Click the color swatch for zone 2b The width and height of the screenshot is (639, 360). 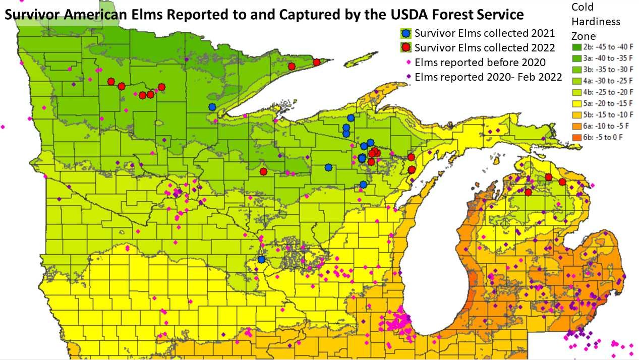576,47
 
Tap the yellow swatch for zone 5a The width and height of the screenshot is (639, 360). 576,104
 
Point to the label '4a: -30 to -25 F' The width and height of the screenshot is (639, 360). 609,81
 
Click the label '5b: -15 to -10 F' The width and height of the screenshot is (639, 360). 609,115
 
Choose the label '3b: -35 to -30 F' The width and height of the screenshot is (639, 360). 609,70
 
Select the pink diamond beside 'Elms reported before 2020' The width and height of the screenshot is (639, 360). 408,63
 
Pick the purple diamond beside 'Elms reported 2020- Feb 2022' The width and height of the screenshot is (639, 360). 408,77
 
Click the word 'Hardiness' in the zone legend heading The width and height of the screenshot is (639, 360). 596,22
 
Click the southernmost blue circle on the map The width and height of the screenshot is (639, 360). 261,259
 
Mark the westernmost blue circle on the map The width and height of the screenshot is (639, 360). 212,107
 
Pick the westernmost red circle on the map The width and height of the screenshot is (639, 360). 111,82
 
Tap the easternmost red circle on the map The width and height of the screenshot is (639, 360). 562,182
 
